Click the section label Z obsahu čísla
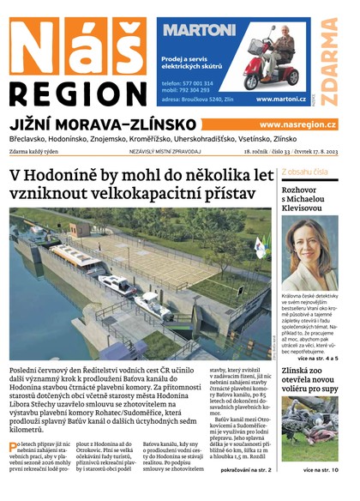pos(304,172)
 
